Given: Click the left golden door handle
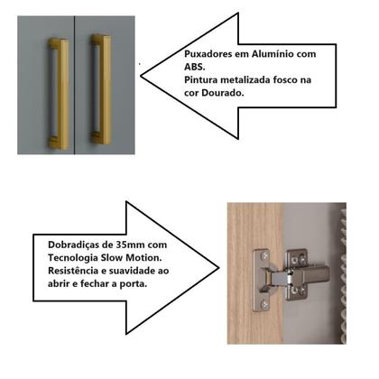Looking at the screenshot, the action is [x=60, y=94].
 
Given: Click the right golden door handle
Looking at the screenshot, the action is [x=102, y=89].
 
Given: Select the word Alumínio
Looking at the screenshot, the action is [x=273, y=54].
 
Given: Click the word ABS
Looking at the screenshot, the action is [x=194, y=67].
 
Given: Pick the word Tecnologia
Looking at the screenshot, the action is [x=73, y=258].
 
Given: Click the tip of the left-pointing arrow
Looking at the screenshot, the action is [x=141, y=76].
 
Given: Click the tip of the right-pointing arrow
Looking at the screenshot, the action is [x=218, y=268].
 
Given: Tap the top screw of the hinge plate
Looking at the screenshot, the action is [x=264, y=256].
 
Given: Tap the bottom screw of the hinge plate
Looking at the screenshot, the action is [x=264, y=305].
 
